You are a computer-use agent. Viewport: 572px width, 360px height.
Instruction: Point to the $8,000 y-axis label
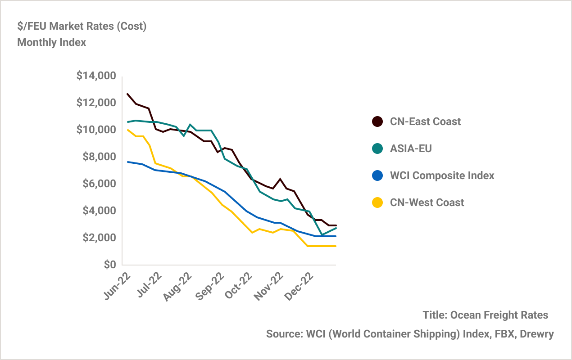click(99, 157)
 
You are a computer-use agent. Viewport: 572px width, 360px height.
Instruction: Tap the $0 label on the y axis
click(109, 265)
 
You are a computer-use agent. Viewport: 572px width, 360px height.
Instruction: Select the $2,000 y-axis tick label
click(99, 238)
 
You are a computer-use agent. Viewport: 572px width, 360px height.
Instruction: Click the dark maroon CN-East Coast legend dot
click(377, 121)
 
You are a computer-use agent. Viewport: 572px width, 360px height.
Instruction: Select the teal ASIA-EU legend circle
click(377, 148)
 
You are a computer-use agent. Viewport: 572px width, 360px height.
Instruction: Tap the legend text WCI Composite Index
click(442, 175)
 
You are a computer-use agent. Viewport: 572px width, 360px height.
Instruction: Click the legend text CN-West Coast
click(427, 202)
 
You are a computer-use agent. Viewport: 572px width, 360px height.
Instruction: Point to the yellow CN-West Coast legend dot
click(377, 202)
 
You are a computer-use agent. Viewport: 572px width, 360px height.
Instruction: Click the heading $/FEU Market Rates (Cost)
click(82, 26)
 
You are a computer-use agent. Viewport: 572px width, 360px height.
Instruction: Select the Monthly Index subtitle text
click(51, 43)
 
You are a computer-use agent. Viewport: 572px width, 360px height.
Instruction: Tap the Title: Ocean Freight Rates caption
click(486, 315)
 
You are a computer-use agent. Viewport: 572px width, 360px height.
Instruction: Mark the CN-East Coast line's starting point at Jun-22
click(127, 94)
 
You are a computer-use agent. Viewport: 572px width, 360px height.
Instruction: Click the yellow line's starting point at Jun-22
click(127, 130)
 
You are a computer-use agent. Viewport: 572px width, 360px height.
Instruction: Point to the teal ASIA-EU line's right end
click(336, 228)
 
